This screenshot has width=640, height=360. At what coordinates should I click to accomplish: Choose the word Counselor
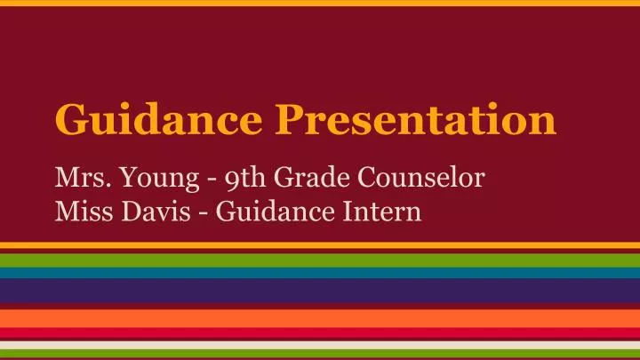pos(418,180)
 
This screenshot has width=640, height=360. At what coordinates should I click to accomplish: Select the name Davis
pos(148,213)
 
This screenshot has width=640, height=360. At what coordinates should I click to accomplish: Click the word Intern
pos(389,213)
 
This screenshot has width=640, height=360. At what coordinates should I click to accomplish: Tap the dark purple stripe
pos(320,292)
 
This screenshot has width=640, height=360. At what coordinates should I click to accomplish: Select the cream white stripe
pos(320,345)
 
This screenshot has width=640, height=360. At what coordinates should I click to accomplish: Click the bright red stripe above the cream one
pos(320,334)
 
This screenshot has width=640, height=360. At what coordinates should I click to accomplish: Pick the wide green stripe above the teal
pos(320,260)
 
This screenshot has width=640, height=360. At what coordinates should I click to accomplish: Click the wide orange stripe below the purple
pos(320,318)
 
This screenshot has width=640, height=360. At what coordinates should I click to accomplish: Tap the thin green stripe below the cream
pos(320,353)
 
